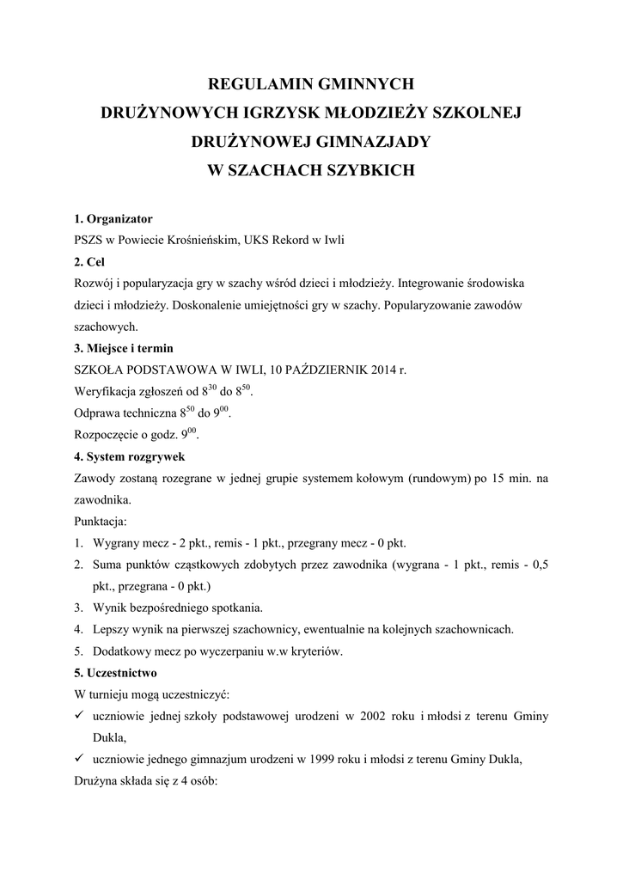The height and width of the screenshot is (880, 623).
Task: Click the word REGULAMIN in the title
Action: tap(255, 84)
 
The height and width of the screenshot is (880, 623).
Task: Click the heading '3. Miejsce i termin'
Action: tap(124, 348)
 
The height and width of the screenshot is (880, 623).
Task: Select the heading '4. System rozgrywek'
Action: tap(129, 456)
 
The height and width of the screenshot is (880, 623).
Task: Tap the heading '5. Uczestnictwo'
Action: tap(115, 672)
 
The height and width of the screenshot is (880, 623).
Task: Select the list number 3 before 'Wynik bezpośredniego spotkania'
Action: tap(77, 608)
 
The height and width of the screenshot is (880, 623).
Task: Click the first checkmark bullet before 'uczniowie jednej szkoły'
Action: tap(78, 715)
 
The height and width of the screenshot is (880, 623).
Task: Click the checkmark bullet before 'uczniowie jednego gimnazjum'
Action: tap(78, 758)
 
